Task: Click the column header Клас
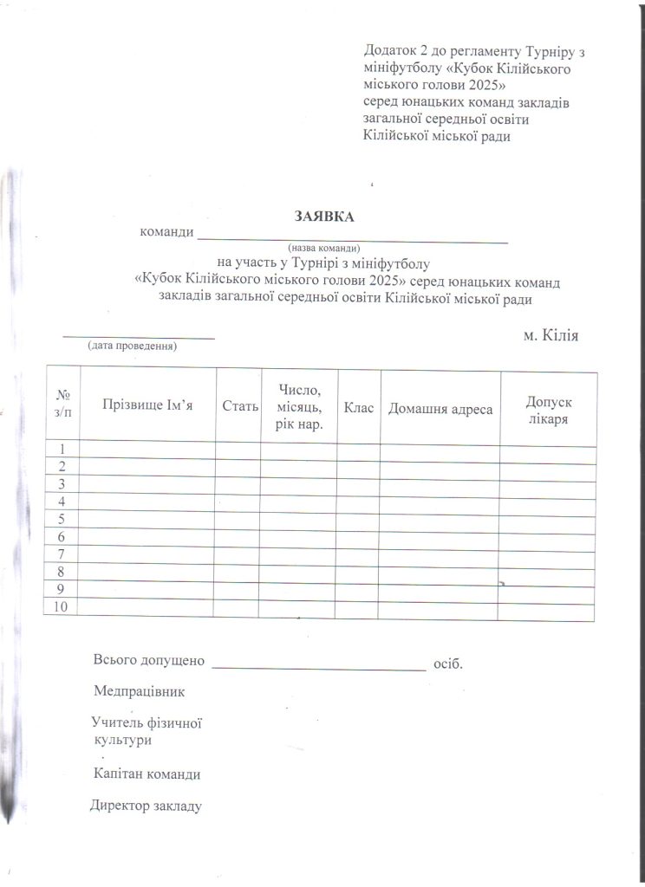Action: [358, 406]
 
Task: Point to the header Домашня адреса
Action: [440, 408]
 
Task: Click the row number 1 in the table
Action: [62, 449]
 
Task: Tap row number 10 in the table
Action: [62, 606]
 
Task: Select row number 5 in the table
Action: [62, 519]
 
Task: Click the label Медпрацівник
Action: [140, 692]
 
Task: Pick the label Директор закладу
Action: [147, 806]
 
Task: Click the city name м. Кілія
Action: [551, 335]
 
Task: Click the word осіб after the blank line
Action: [447, 664]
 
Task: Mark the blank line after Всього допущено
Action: [318, 667]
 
